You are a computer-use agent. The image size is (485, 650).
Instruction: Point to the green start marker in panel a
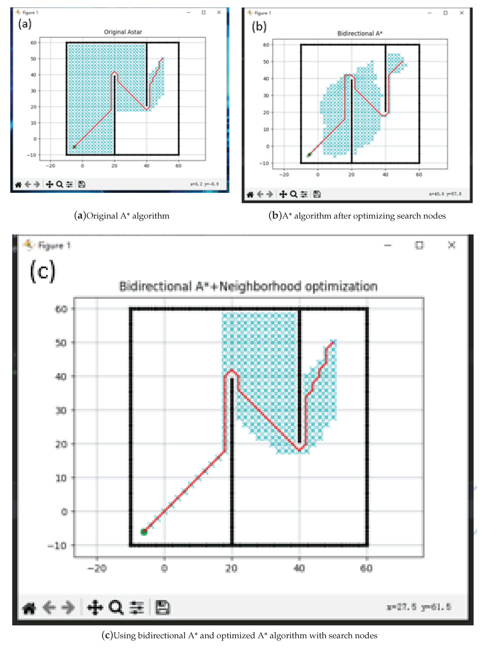[74, 147]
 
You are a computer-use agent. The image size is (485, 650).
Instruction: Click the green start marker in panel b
[309, 155]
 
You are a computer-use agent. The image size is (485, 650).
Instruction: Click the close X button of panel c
[451, 245]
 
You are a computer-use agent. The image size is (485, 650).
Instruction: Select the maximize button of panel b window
[445, 13]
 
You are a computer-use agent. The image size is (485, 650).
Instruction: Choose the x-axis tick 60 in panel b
[419, 175]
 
